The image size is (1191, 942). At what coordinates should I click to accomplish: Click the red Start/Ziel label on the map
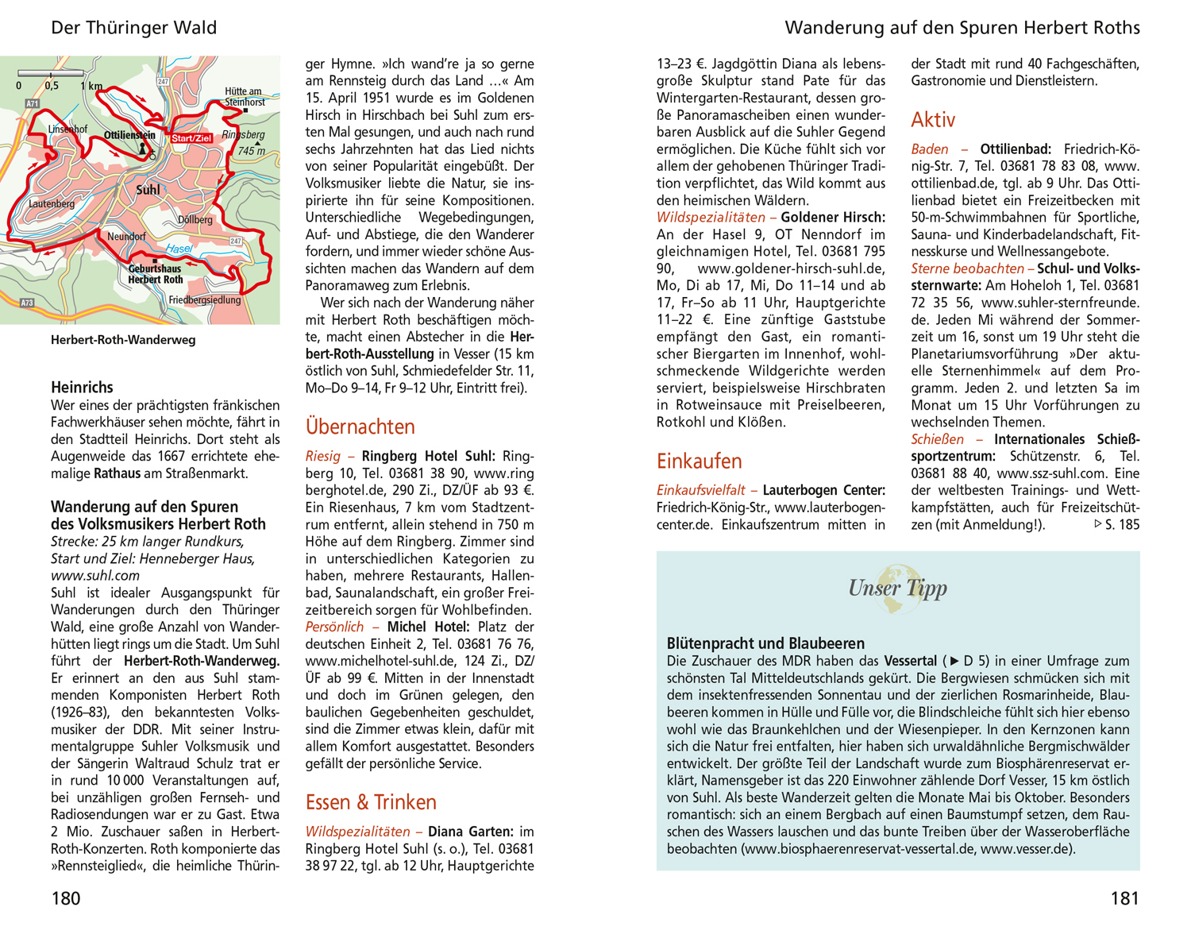pos(191,138)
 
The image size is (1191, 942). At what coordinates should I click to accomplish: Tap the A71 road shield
pos(33,104)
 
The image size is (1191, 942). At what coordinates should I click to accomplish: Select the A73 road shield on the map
pos(27,303)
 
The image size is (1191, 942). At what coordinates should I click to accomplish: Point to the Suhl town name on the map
pos(148,190)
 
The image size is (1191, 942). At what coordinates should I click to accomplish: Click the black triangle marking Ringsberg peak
pos(235,144)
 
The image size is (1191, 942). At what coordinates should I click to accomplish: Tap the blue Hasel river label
pos(179,249)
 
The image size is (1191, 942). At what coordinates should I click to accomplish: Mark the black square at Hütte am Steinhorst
pos(245,110)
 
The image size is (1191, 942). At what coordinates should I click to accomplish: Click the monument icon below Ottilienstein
pos(144,149)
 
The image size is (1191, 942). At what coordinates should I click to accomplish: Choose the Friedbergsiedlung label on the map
pos(204,300)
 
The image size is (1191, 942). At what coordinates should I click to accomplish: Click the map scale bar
pos(51,74)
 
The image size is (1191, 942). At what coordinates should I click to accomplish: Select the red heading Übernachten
pos(360,427)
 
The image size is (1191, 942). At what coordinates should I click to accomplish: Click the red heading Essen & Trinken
pos(371,802)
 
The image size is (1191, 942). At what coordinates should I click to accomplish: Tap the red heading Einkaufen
pos(699,461)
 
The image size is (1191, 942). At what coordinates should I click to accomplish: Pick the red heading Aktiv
pos(933,120)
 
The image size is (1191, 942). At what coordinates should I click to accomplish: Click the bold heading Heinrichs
pos(82,388)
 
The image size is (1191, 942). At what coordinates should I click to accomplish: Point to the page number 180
pos(66,898)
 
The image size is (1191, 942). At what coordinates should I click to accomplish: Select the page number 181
pos(1124,898)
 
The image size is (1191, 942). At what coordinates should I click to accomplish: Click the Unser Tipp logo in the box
pos(897,589)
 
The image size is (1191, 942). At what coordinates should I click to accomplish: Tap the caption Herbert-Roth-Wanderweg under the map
pos(123,340)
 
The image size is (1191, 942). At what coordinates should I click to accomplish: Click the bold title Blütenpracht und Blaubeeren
pos(765,643)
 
